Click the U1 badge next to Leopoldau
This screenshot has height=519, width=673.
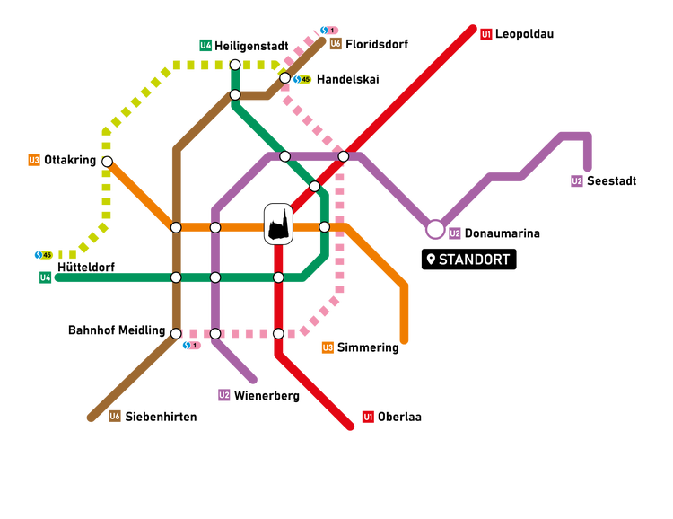(486, 34)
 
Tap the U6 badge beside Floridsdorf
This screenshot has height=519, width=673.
(335, 43)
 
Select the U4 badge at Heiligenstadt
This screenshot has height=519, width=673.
(205, 45)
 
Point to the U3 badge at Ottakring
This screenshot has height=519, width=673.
(34, 160)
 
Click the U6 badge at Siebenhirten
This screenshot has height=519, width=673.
(115, 416)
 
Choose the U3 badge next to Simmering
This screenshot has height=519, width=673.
(328, 347)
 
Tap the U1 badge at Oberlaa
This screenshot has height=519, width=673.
(368, 417)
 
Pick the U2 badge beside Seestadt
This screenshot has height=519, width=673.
(577, 181)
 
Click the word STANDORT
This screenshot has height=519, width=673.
(475, 259)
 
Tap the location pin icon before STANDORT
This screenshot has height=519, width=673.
(431, 259)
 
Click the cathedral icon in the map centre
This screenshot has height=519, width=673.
(278, 224)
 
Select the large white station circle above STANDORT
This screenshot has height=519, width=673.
(435, 230)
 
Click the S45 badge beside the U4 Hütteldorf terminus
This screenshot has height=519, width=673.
(43, 255)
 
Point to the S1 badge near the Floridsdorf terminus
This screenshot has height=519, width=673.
(329, 30)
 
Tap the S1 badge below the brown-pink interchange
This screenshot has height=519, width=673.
(191, 345)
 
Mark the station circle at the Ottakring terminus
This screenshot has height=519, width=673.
(107, 162)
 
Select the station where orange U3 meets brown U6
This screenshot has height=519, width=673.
(176, 227)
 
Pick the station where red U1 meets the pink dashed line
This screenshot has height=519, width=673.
(278, 333)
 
